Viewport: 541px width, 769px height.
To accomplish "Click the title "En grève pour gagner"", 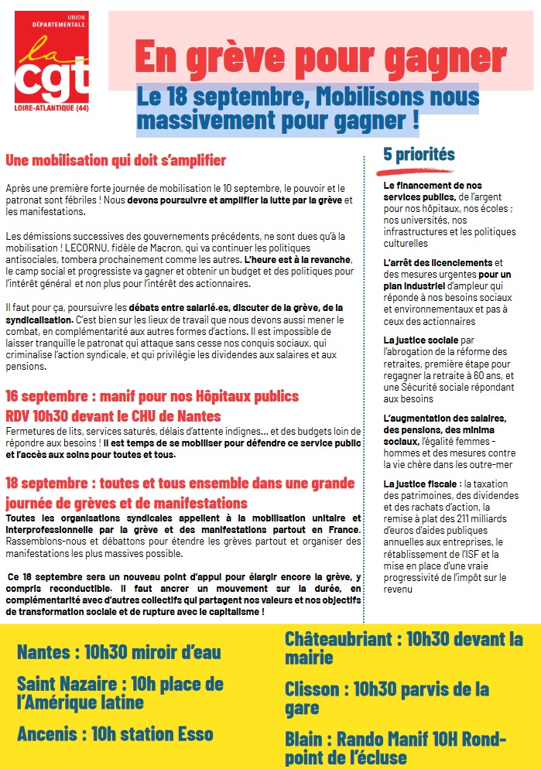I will pyautogui.click(x=320, y=56).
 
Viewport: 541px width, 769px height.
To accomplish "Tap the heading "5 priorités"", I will pyautogui.click(x=419, y=154).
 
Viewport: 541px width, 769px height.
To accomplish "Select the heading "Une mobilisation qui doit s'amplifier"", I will pyautogui.click(x=116, y=161).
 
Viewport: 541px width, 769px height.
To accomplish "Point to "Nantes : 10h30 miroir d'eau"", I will pyautogui.click(x=118, y=652).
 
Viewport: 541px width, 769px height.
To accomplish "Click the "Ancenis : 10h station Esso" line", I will pyautogui.click(x=115, y=733).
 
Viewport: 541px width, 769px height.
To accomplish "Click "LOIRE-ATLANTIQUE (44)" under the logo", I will pyautogui.click(x=51, y=108).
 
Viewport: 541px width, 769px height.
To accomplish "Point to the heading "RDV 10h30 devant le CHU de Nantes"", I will pyautogui.click(x=113, y=416).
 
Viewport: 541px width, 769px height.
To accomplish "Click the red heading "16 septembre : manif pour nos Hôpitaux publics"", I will pyautogui.click(x=152, y=396).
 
